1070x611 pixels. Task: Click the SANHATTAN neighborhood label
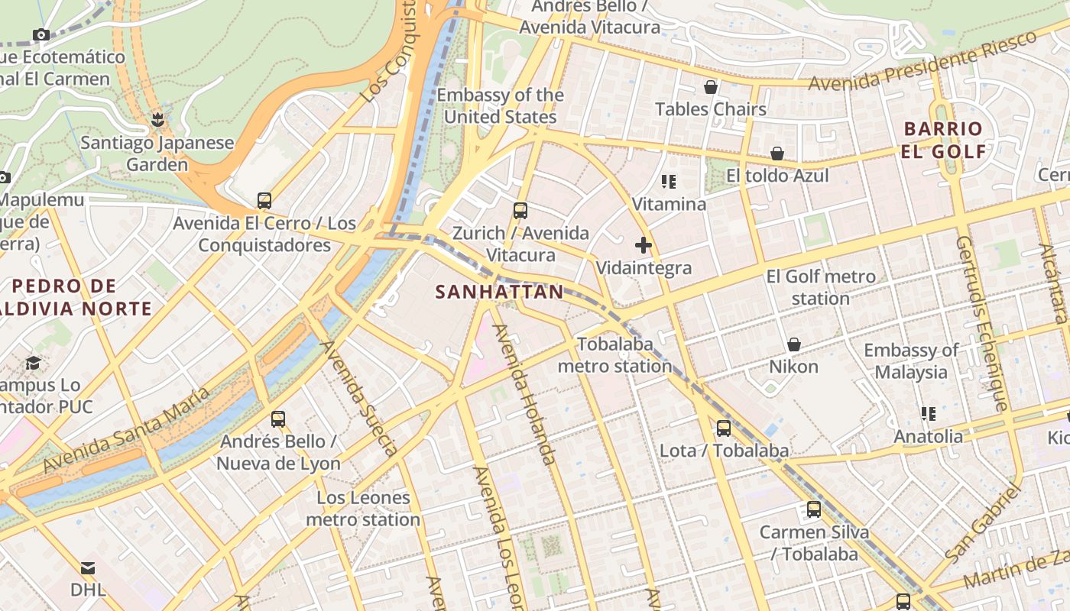pyautogui.click(x=499, y=292)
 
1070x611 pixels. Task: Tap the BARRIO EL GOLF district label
pyautogui.click(x=944, y=140)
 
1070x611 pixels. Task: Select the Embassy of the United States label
pyautogui.click(x=501, y=106)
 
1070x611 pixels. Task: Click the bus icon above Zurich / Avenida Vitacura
pyautogui.click(x=520, y=210)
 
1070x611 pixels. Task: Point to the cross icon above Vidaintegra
pyautogui.click(x=644, y=246)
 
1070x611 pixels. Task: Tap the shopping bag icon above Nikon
pyautogui.click(x=794, y=344)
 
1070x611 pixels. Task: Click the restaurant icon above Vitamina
pyautogui.click(x=670, y=182)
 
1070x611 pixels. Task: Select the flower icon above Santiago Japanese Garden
pyautogui.click(x=157, y=120)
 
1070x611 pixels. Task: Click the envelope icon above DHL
pyautogui.click(x=88, y=568)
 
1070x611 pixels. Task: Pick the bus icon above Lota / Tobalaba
pyautogui.click(x=724, y=428)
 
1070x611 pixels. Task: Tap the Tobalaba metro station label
pyautogui.click(x=614, y=355)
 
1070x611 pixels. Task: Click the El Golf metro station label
pyautogui.click(x=821, y=287)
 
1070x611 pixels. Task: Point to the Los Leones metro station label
pyautogui.click(x=363, y=509)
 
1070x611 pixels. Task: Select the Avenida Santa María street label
pyautogui.click(x=125, y=428)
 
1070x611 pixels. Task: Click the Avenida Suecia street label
pyautogui.click(x=358, y=396)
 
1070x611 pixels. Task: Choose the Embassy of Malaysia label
pyautogui.click(x=911, y=361)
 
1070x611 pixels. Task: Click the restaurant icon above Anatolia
pyautogui.click(x=929, y=414)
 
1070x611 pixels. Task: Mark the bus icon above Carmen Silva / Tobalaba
pyautogui.click(x=814, y=509)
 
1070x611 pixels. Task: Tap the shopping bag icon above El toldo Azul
pyautogui.click(x=777, y=154)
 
